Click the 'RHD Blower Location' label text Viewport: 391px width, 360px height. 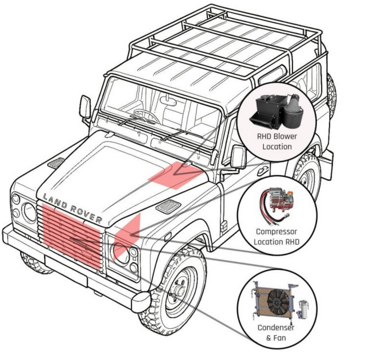tap(277, 142)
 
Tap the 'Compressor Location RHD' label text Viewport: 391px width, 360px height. tap(276, 237)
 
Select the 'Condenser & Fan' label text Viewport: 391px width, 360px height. tap(276, 333)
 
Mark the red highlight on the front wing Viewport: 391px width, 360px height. tap(127, 237)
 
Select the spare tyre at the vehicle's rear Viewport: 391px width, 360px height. tap(332, 94)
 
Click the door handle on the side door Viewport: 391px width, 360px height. tap(263, 170)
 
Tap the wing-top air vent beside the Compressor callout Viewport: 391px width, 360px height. tap(168, 206)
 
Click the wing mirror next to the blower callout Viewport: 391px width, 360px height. tap(238, 157)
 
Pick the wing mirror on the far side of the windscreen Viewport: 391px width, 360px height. tap(85, 107)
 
